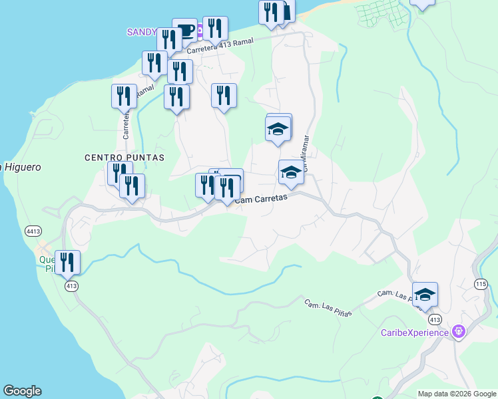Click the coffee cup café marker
184,31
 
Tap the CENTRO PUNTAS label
124,158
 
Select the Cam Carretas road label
261,198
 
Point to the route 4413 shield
33,231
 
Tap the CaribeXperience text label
414,332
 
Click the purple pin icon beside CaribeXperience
458,331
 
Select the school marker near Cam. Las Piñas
425,295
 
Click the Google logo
22,391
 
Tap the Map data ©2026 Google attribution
456,394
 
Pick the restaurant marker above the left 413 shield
67,262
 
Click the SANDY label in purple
142,32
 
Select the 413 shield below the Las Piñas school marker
434,319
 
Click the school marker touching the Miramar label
290,174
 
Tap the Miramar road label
306,152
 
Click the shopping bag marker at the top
286,12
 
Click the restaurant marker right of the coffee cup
215,29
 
